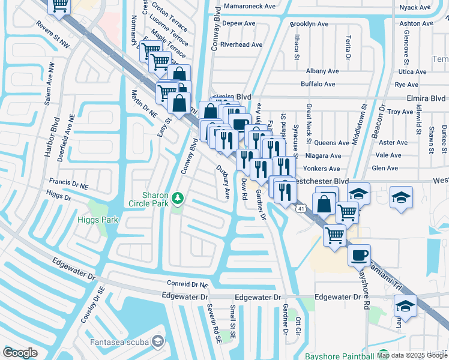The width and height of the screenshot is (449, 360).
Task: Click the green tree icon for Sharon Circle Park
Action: click(176, 197)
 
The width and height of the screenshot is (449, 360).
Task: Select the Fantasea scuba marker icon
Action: click(157, 341)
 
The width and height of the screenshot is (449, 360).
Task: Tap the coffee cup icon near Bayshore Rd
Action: click(359, 255)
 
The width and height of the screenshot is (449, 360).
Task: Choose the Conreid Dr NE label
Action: click(187, 284)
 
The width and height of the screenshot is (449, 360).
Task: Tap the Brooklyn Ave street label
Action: click(309, 24)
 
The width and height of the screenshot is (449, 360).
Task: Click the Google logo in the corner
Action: click(20, 353)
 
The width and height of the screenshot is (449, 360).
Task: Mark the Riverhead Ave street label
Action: click(241, 44)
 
